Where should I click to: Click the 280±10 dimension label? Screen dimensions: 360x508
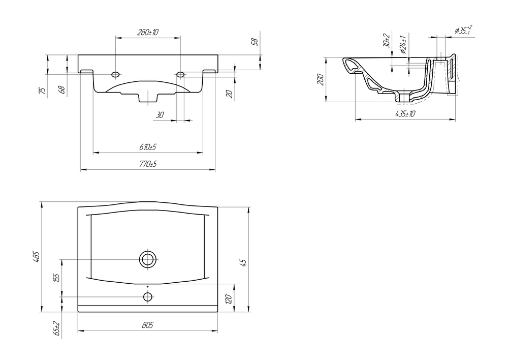coord(148,33)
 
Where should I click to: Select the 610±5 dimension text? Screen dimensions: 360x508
coord(148,147)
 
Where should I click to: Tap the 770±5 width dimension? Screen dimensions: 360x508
coord(148,164)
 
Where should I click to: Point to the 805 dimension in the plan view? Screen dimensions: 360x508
coord(148,325)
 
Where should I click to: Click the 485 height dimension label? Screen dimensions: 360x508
coord(36,257)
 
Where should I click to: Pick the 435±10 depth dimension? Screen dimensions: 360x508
coord(405,114)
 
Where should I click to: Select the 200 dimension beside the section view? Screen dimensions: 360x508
coord(320,80)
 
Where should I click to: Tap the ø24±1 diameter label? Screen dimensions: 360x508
coord(402,45)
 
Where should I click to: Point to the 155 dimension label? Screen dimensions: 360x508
coord(56,278)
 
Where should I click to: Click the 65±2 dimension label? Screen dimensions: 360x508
coord(56,329)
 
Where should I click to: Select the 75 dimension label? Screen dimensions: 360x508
coord(42,91)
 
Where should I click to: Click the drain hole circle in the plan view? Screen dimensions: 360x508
coord(148,259)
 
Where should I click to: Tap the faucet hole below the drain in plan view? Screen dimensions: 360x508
coord(148,296)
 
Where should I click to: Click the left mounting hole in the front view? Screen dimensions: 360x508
coord(116,75)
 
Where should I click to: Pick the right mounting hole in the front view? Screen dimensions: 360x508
coord(180,75)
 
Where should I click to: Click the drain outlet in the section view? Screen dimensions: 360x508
coord(405,97)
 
